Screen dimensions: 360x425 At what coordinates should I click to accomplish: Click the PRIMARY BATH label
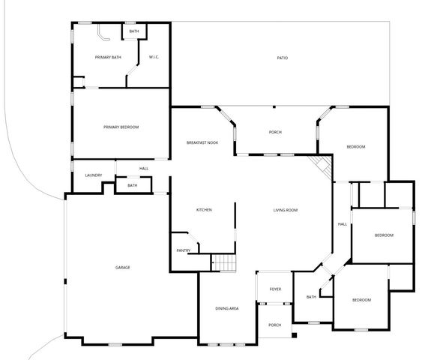tap(108, 58)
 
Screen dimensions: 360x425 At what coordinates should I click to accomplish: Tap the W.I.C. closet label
tap(153, 58)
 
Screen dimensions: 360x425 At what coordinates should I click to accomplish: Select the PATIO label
tap(282, 58)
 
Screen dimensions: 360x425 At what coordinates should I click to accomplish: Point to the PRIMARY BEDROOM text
tap(121, 127)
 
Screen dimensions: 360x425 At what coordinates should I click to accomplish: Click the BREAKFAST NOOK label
tap(202, 142)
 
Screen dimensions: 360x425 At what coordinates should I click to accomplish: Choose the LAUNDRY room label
tap(93, 175)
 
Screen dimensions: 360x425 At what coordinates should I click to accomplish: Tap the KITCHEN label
tap(204, 210)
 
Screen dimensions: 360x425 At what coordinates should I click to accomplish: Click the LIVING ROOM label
tap(286, 210)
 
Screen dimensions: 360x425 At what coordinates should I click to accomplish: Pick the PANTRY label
tap(183, 250)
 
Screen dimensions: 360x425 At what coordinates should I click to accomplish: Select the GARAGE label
tap(123, 268)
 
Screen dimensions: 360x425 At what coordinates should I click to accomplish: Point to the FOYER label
tap(275, 289)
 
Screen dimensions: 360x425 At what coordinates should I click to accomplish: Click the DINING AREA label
tap(227, 309)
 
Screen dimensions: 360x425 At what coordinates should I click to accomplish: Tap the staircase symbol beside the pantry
tap(223, 263)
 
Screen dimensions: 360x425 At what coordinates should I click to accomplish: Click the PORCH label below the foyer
tap(275, 325)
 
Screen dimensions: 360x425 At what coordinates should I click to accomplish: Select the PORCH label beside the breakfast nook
tap(275, 133)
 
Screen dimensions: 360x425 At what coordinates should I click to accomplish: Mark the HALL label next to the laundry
tap(143, 168)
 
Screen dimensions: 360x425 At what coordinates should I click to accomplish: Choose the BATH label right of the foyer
tap(311, 298)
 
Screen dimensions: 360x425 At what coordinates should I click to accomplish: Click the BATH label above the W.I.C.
tap(133, 31)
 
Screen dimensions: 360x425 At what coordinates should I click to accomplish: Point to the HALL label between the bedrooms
tap(342, 224)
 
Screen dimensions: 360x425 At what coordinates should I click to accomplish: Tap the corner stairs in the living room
tap(321, 166)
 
